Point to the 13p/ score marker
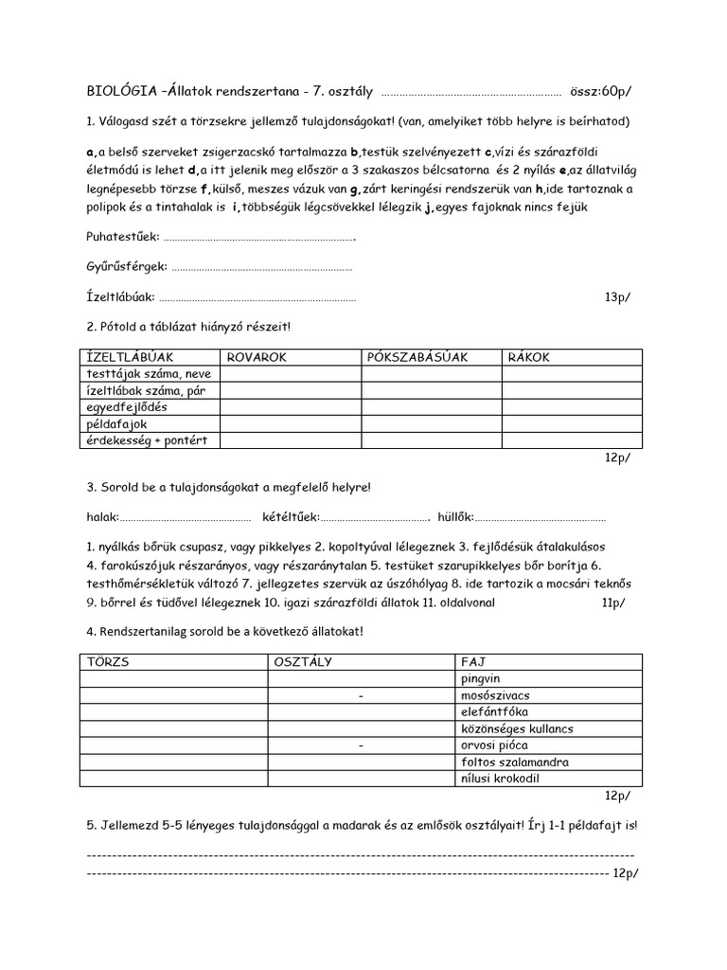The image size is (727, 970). coord(618,297)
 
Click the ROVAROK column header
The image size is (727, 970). coord(257,357)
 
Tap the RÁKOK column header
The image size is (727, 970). coord(529,357)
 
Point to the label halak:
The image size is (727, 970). coord(102,517)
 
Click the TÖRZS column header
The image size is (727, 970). coord(108,661)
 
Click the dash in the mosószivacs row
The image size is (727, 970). coord(362,696)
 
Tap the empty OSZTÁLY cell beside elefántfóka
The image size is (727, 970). coord(361,712)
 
